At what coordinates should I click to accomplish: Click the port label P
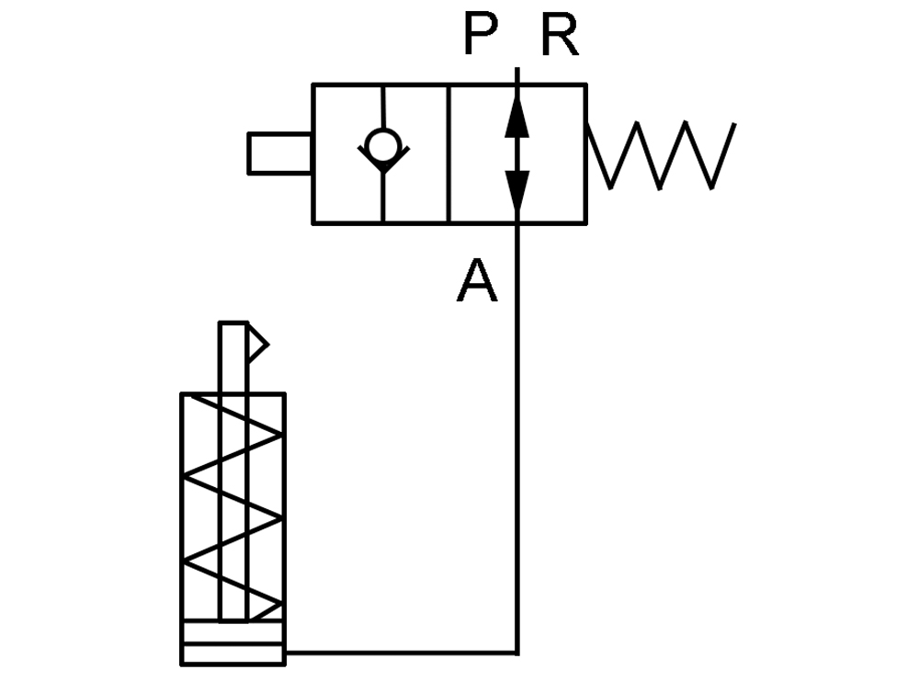tap(481, 34)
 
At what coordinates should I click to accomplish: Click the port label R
tap(561, 35)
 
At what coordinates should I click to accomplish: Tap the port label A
tap(477, 280)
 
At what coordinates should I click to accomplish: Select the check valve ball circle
tap(382, 145)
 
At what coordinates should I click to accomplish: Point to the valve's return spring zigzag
tap(661, 155)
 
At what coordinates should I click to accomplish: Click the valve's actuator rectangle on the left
tap(280, 153)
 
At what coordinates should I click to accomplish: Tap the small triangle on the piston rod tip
tap(256, 344)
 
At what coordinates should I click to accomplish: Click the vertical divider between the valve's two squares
tap(449, 153)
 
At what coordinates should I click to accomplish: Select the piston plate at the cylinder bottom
tap(233, 633)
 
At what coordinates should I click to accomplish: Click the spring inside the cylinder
tap(234, 507)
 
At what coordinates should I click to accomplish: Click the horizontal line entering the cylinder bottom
tap(402, 652)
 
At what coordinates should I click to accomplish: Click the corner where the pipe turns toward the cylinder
tap(516, 652)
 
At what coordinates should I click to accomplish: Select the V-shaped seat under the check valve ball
tap(383, 158)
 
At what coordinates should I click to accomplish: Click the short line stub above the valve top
tap(516, 75)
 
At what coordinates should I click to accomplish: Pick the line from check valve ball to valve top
tap(382, 108)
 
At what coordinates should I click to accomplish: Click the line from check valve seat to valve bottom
tap(383, 197)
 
